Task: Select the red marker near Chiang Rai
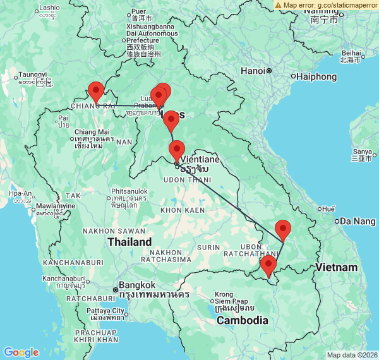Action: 95,92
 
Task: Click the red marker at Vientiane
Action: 177,151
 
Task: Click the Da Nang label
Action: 358,221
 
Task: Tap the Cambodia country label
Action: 243,320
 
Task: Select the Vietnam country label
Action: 337,267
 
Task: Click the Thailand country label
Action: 129,242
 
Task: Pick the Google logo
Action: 21,352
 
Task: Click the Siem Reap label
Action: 235,301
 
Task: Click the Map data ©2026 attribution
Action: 351,355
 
